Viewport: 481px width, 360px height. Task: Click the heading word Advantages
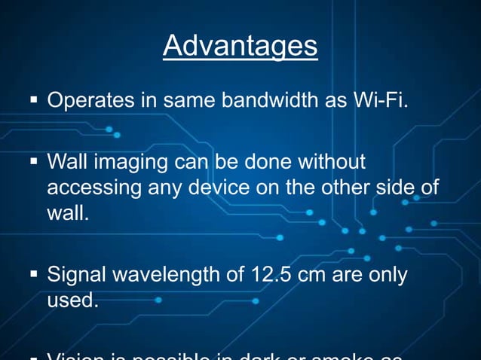pyautogui.click(x=240, y=47)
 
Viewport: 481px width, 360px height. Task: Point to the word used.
pyautogui.click(x=72, y=301)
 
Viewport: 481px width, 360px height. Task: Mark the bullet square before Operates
pyautogui.click(x=34, y=100)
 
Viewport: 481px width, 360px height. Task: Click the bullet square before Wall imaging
pyautogui.click(x=34, y=163)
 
